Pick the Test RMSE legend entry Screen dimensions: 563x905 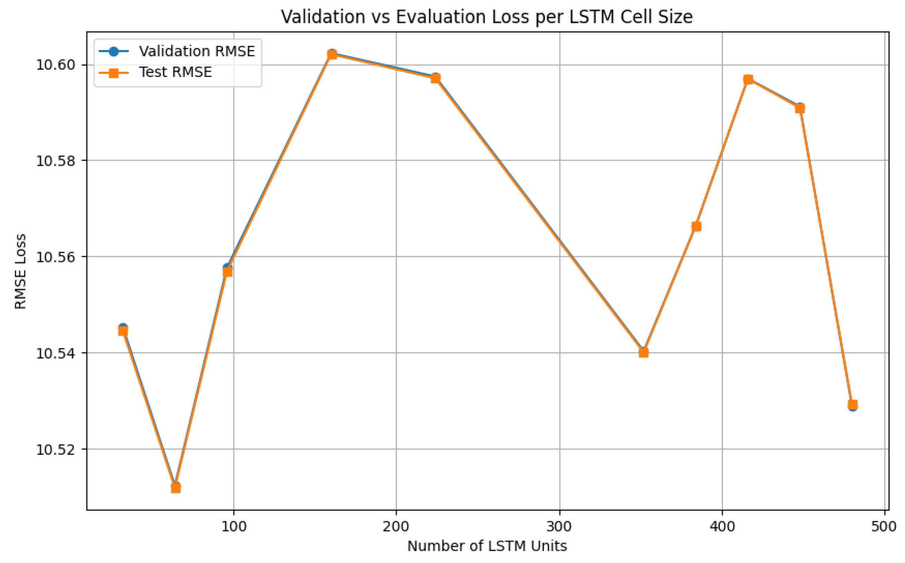point(175,72)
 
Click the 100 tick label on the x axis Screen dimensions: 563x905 point(234,526)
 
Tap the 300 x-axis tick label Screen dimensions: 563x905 point(559,526)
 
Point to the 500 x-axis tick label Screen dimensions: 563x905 point(885,526)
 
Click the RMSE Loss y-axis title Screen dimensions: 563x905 point(20,271)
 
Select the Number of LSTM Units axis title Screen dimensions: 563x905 point(487,546)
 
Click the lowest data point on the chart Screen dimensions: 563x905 point(176,488)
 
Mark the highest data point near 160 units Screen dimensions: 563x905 point(332,55)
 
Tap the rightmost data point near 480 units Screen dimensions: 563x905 point(853,405)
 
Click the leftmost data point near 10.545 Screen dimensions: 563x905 point(123,330)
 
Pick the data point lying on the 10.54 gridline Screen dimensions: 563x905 point(644,352)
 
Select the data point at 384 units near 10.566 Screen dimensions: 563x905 point(696,226)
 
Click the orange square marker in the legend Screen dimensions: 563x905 point(114,72)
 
